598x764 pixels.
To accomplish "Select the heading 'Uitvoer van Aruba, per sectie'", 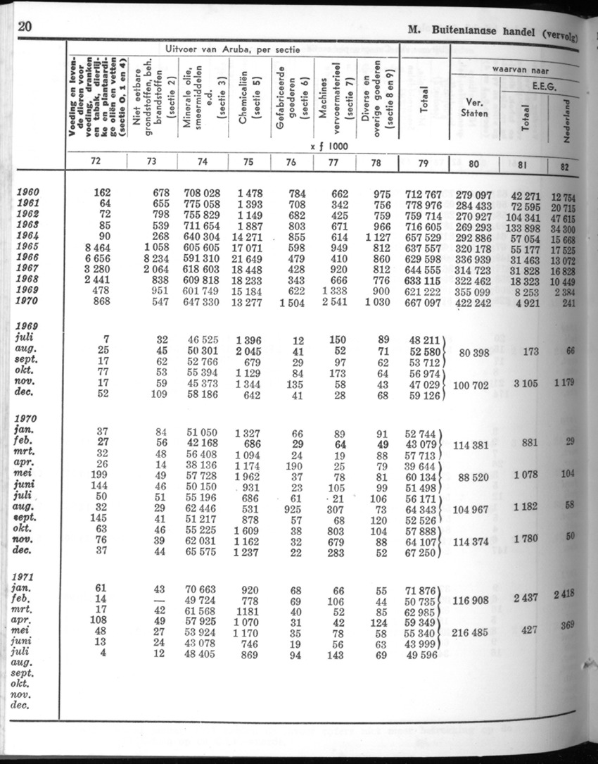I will [x=231, y=49].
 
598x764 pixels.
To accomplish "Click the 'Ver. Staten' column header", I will [x=473, y=106].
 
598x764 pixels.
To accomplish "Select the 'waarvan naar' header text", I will [x=521, y=70].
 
